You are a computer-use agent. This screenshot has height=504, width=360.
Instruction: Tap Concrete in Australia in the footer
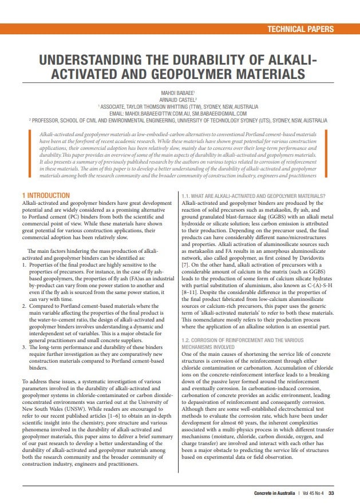[277, 493]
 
